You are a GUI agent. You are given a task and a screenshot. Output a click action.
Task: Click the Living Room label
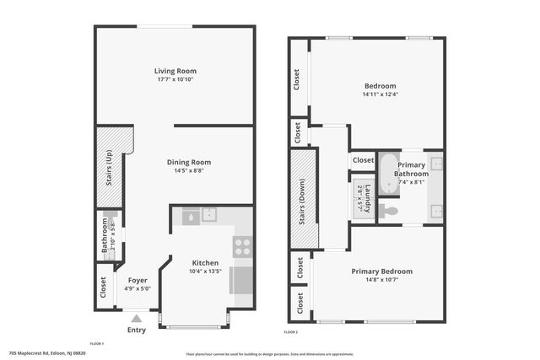tap(175, 70)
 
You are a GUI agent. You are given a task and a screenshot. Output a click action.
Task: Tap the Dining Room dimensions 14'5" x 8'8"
tap(189, 170)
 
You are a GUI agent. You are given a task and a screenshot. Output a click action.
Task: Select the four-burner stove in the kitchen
tap(242, 246)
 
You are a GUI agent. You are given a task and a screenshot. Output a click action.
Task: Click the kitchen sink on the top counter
tap(208, 216)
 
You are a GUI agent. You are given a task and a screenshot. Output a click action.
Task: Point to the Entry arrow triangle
tap(136, 319)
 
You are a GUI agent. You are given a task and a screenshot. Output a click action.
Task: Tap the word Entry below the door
tap(136, 330)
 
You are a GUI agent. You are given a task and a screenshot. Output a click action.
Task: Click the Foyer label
tap(137, 280)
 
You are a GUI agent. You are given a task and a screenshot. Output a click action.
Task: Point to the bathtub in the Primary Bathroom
tap(388, 174)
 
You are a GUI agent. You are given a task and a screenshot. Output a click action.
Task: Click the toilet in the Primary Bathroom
tap(388, 211)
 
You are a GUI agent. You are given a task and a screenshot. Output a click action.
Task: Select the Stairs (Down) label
tap(302, 199)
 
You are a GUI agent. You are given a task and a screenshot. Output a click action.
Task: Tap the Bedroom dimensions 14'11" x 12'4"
tap(380, 94)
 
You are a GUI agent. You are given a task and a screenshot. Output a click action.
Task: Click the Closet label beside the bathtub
tap(363, 160)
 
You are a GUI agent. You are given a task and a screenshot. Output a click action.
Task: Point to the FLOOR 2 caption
tap(291, 334)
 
